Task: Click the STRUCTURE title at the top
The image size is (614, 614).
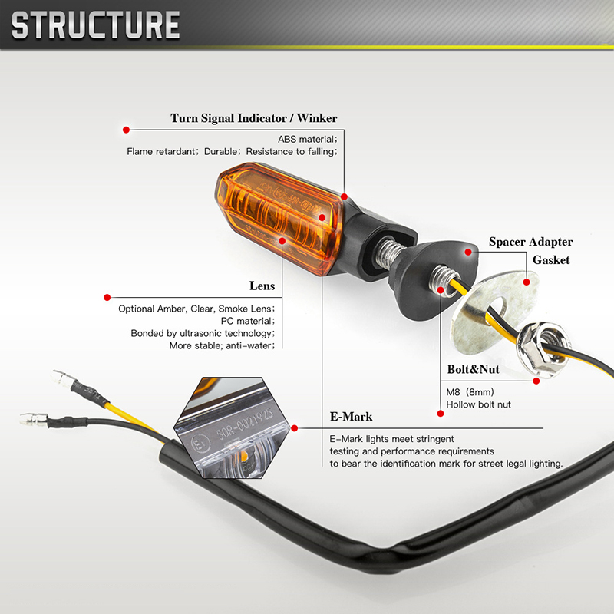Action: coord(96,25)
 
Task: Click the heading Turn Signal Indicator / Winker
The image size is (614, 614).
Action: coord(253,118)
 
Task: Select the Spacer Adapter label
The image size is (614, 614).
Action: coord(531,242)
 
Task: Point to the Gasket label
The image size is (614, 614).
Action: coord(551,260)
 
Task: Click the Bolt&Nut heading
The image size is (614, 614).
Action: coord(473,369)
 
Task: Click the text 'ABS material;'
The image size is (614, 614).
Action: coord(307,139)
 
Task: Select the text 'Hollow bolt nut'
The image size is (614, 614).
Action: coord(478,404)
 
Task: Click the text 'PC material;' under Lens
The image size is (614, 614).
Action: coord(247,321)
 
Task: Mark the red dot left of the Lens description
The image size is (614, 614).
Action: coord(107,296)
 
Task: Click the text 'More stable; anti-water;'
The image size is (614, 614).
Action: coord(222,345)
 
